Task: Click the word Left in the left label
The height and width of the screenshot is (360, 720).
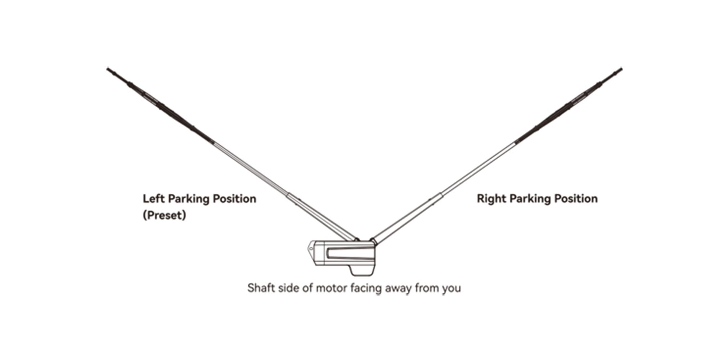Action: click(x=154, y=199)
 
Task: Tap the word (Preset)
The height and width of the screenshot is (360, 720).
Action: click(x=164, y=215)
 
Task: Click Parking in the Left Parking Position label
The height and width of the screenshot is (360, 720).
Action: click(x=189, y=199)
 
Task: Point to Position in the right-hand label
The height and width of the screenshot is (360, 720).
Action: click(x=576, y=199)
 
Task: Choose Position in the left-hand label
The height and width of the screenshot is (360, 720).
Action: click(x=234, y=199)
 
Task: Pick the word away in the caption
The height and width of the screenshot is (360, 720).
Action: click(x=398, y=288)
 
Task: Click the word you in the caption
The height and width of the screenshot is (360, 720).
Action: click(x=452, y=288)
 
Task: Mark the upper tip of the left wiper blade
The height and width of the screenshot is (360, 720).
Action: click(x=108, y=69)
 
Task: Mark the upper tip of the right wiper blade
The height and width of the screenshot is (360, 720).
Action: click(x=621, y=69)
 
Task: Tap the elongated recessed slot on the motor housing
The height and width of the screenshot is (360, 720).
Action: click(x=349, y=253)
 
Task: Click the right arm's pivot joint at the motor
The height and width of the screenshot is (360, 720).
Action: click(x=373, y=240)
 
